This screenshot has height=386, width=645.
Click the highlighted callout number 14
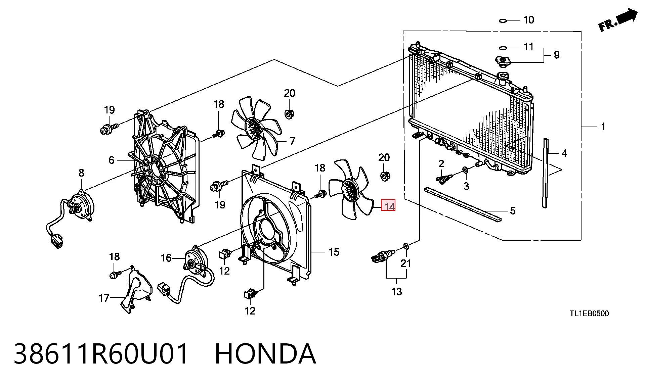coord(388,205)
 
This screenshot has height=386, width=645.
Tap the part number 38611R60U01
coord(101,354)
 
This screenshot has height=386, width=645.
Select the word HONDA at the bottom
coord(265,354)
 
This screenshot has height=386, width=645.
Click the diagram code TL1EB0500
coord(589,313)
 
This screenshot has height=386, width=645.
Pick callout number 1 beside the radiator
coord(603,127)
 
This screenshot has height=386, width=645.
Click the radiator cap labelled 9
coord(503,61)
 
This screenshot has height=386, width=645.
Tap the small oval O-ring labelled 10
coord(503,21)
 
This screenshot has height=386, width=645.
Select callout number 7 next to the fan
coord(292,141)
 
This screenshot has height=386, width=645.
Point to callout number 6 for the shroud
coord(112,160)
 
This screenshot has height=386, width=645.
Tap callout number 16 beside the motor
coord(166,258)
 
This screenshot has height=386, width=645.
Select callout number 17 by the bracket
coord(104,298)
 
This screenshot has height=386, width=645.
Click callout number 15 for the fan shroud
coord(334,252)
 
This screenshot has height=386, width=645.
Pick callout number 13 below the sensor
coord(397,291)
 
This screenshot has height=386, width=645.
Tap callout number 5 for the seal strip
coord(513,211)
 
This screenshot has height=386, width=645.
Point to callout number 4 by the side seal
coord(564,153)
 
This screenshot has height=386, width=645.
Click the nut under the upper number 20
coord(289,114)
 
